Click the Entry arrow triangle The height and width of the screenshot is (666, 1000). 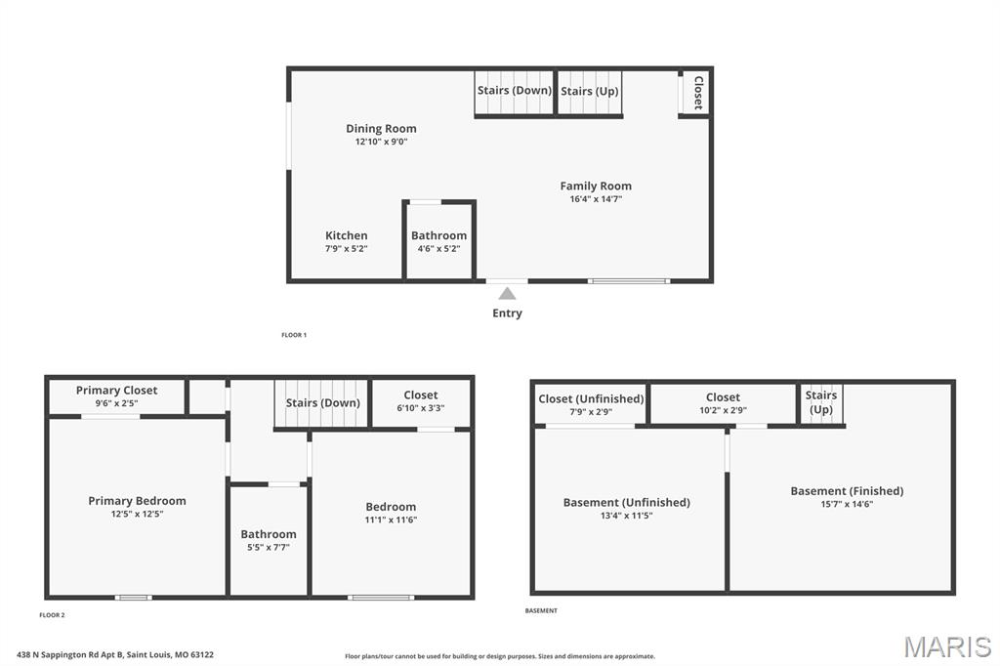(x=507, y=293)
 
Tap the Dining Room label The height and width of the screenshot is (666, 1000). (x=382, y=128)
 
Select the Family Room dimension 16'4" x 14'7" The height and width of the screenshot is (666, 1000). (x=596, y=199)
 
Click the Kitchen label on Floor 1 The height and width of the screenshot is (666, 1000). (x=347, y=235)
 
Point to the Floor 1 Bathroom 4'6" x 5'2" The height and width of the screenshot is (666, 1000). (x=438, y=242)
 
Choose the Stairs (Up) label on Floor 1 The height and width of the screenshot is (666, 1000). (x=589, y=91)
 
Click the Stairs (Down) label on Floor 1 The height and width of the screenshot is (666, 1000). (x=514, y=90)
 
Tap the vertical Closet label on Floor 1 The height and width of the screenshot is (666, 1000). (x=698, y=93)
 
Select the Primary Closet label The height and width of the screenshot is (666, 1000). (x=117, y=390)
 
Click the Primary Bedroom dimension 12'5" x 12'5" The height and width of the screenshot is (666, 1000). (x=137, y=515)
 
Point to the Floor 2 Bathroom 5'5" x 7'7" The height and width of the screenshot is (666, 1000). (x=269, y=540)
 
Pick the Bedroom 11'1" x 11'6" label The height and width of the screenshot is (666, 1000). (x=391, y=513)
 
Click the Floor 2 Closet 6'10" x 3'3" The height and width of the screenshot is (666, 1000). (x=421, y=401)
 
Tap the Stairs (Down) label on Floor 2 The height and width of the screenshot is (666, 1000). (x=322, y=402)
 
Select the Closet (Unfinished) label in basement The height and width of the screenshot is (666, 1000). (x=591, y=398)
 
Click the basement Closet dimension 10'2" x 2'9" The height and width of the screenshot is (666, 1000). (x=724, y=411)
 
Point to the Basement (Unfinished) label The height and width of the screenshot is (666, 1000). (x=627, y=502)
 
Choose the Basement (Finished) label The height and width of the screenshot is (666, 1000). (x=847, y=490)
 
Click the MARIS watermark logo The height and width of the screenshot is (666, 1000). (x=947, y=646)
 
